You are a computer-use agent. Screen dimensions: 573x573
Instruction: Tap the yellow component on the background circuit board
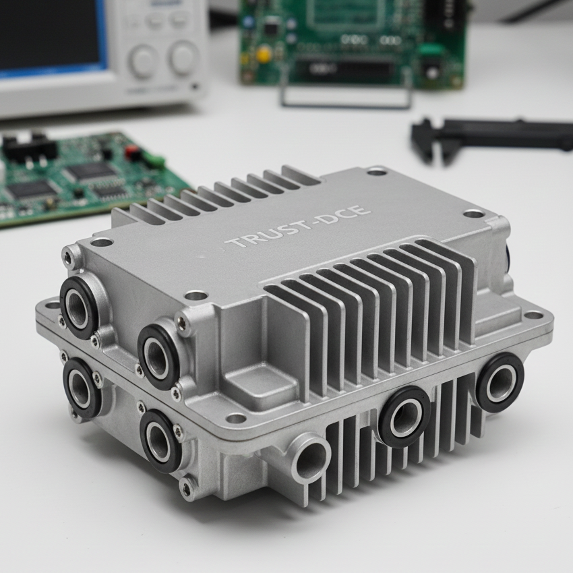tap(264, 55)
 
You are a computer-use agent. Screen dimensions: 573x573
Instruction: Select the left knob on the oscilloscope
tap(144, 61)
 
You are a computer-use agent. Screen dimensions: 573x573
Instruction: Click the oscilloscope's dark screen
tap(49, 35)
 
